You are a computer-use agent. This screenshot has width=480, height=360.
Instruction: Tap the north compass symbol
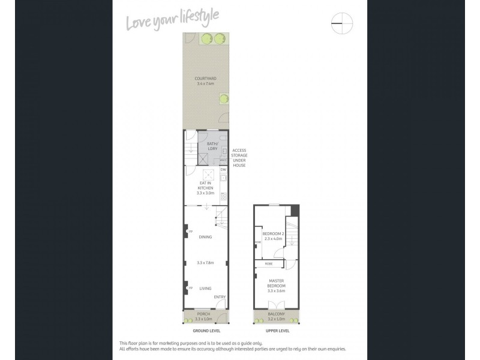pos(342,24)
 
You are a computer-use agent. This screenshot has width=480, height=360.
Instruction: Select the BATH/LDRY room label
pos(212,146)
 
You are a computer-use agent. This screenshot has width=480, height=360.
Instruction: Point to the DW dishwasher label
pos(223,170)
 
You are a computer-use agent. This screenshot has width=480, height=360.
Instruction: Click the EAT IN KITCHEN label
pos(206,185)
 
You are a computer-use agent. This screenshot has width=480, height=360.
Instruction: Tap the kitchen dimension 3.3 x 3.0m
pos(206,194)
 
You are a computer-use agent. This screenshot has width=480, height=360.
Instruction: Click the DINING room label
pos(206,237)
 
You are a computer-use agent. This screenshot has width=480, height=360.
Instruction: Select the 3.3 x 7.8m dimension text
pos(206,262)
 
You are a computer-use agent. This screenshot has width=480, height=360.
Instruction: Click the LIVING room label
pos(206,289)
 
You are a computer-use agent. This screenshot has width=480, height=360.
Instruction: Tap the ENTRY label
pos(220,297)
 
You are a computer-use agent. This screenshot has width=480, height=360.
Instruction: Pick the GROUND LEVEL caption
pos(206,331)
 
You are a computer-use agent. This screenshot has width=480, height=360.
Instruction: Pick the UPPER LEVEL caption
pos(277,331)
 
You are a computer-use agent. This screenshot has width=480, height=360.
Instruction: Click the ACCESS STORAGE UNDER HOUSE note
pos(239,158)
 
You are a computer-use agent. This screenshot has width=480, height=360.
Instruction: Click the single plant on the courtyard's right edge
pos(223,97)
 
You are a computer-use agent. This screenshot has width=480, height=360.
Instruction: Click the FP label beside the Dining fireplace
pos(190,232)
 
